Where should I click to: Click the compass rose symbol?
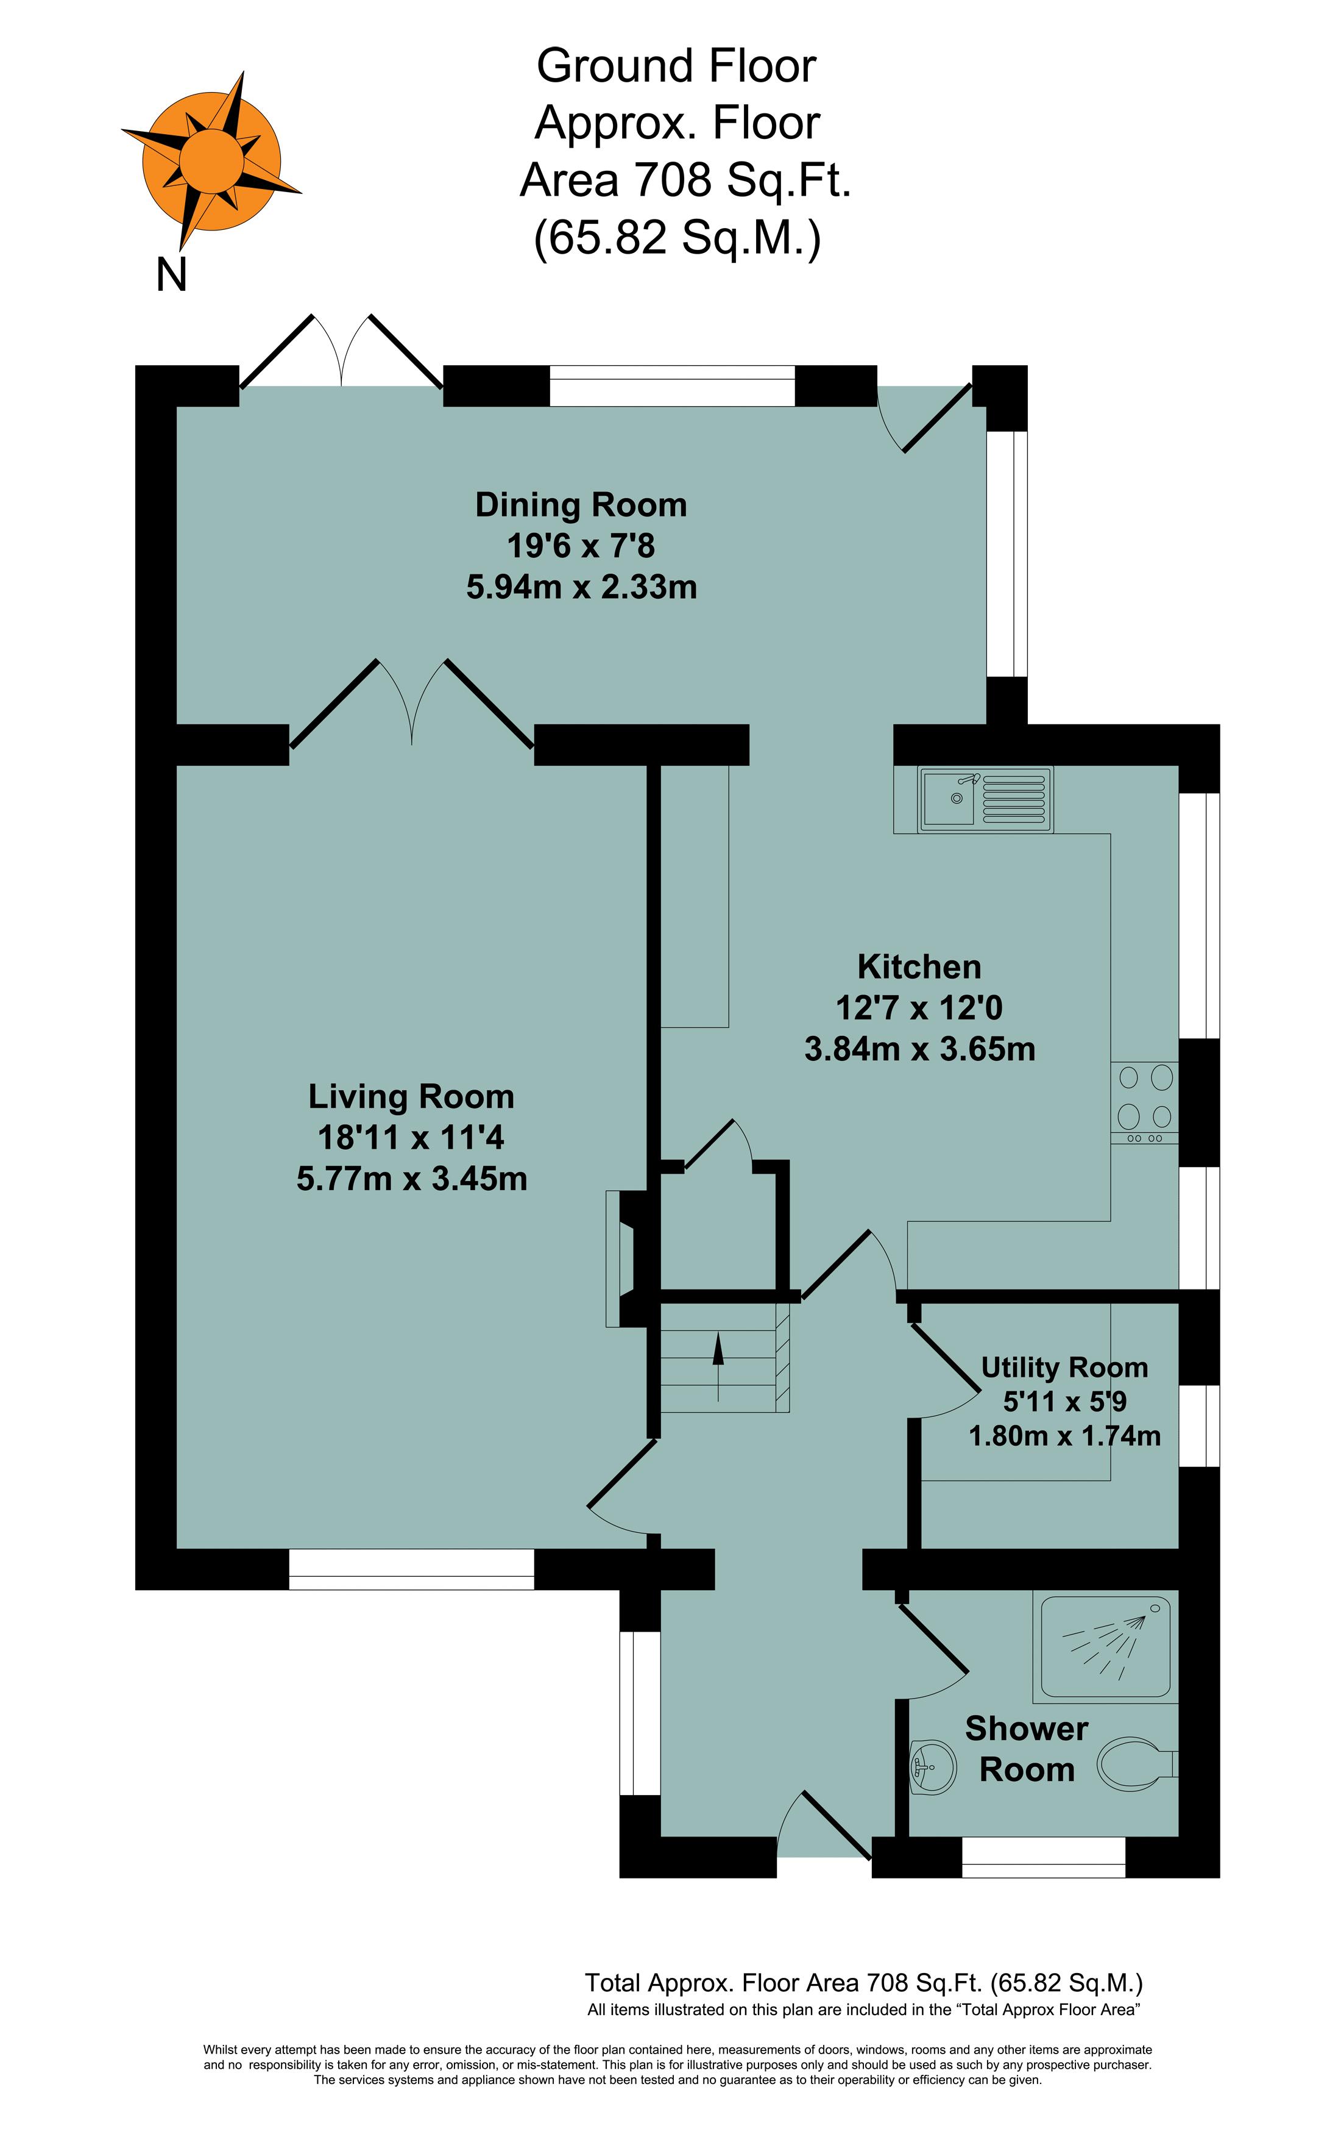211,162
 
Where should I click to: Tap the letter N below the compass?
171,275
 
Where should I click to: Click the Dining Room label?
581,504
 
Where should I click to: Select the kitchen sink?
986,799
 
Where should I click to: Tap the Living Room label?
411,1096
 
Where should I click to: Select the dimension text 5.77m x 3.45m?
412,1179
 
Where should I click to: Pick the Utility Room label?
1064,1368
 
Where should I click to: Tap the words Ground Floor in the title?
676,66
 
